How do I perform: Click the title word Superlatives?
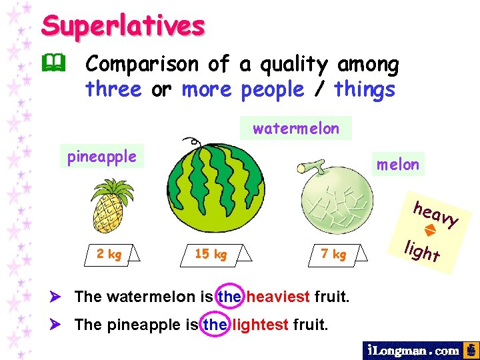point(123,25)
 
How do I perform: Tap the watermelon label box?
point(296,128)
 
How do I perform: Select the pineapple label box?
point(101,157)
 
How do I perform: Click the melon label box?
point(397,164)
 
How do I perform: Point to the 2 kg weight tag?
point(109,253)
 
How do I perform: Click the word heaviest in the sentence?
point(278,296)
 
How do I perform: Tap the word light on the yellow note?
point(422,252)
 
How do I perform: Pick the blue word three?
point(113,89)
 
